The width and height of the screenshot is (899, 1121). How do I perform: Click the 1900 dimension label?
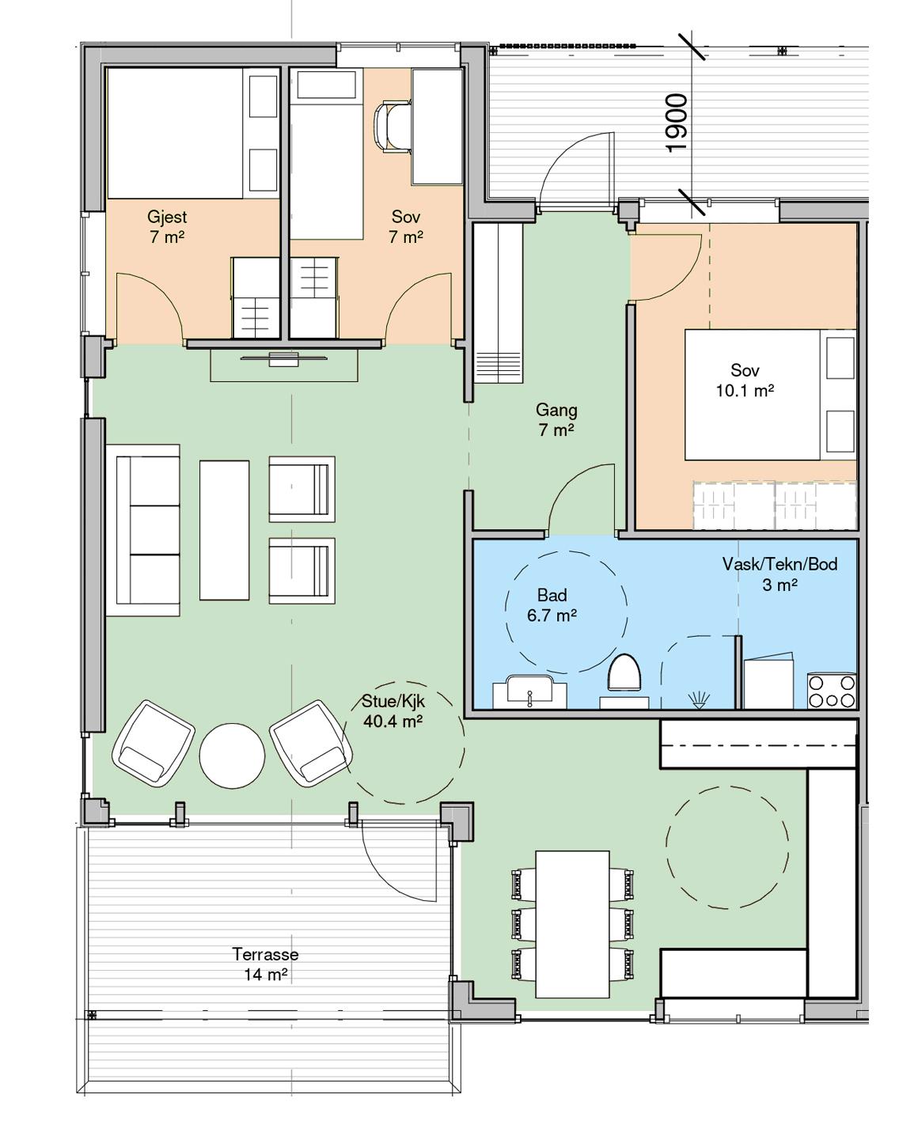pyautogui.click(x=677, y=123)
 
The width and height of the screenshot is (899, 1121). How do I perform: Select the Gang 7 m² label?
pyautogui.click(x=556, y=419)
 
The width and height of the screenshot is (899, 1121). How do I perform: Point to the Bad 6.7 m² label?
pyautogui.click(x=552, y=604)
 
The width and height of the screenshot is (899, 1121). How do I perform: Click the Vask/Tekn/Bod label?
pyautogui.click(x=780, y=564)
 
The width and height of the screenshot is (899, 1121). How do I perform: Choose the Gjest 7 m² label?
pyautogui.click(x=167, y=226)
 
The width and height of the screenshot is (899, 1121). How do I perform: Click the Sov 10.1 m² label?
pyautogui.click(x=745, y=380)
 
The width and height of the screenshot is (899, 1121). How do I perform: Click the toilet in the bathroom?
pyautogui.click(x=625, y=674)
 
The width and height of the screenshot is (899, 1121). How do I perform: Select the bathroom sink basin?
pyautogui.click(x=529, y=691)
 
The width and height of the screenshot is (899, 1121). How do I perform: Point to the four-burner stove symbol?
pyautogui.click(x=831, y=691)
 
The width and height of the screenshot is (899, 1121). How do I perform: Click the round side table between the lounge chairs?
pyautogui.click(x=232, y=756)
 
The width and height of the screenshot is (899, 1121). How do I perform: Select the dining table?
pyautogui.click(x=572, y=925)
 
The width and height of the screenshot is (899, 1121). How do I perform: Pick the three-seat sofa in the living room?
pyautogui.click(x=142, y=530)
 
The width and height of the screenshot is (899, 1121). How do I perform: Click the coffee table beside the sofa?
pyautogui.click(x=224, y=530)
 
